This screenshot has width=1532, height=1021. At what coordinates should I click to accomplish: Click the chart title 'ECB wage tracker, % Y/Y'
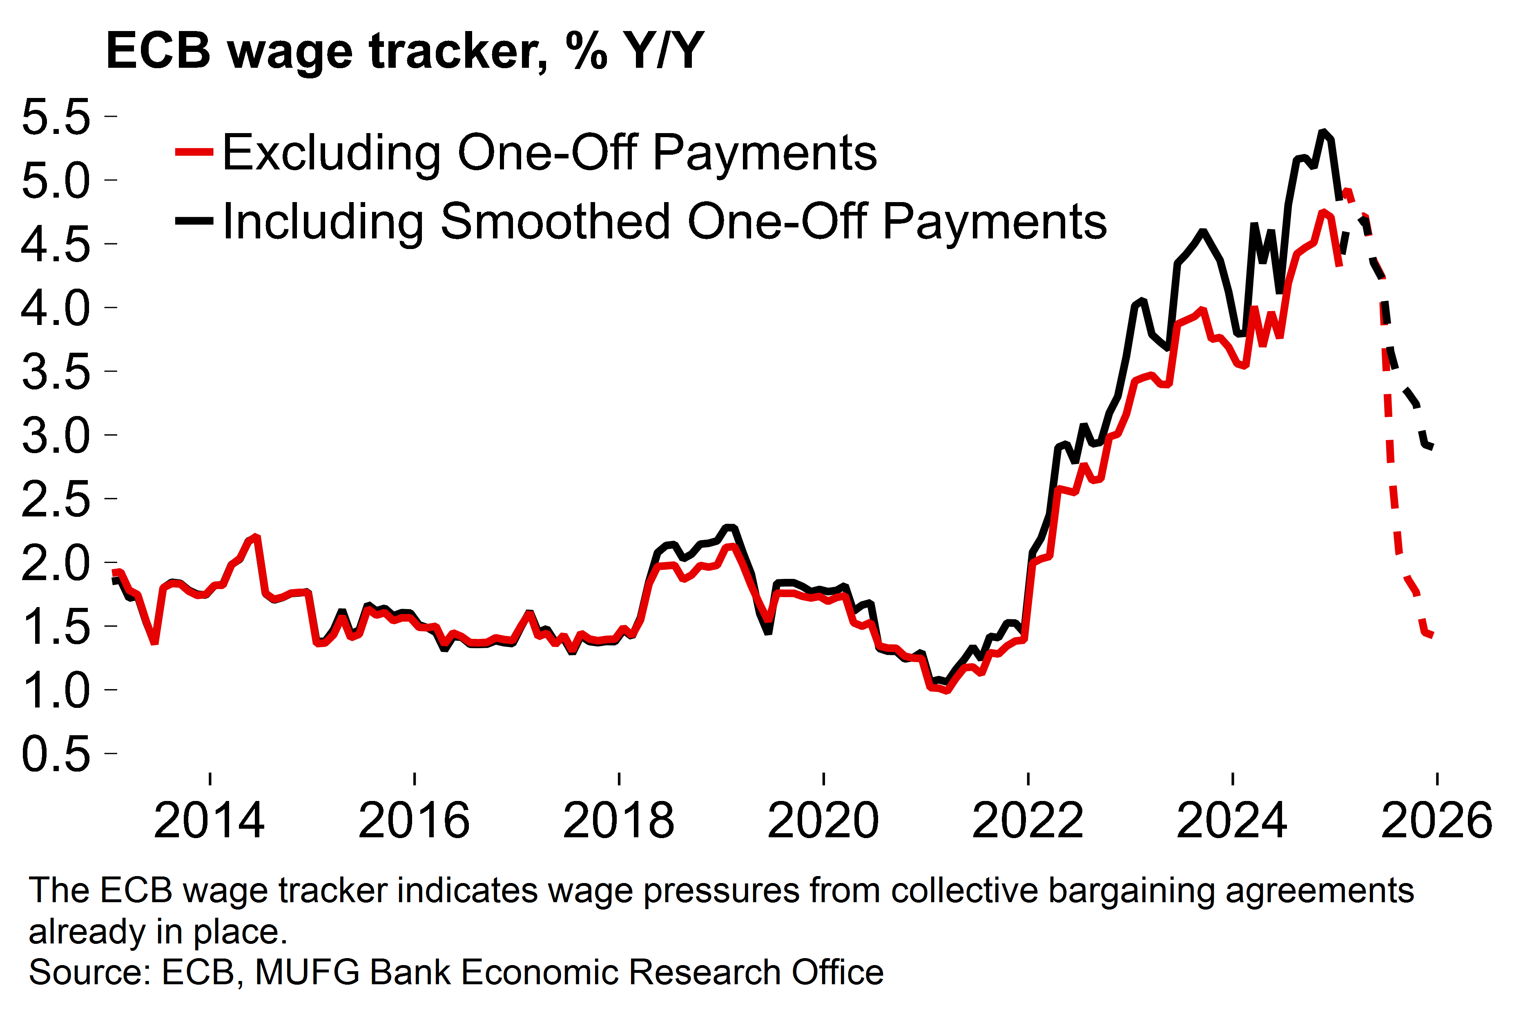click(x=404, y=51)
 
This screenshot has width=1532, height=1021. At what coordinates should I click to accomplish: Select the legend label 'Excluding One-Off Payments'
click(x=549, y=153)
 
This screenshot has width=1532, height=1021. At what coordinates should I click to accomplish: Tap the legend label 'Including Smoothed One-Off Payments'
click(x=665, y=222)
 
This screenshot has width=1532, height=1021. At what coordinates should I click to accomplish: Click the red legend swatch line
click(x=194, y=152)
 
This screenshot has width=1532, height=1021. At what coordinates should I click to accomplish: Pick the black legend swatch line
click(x=194, y=221)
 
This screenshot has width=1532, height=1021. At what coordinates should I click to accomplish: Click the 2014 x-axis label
click(x=209, y=821)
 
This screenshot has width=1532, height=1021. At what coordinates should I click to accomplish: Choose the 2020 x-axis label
click(x=823, y=821)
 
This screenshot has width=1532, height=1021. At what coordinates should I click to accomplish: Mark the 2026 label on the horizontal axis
click(x=1436, y=821)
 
